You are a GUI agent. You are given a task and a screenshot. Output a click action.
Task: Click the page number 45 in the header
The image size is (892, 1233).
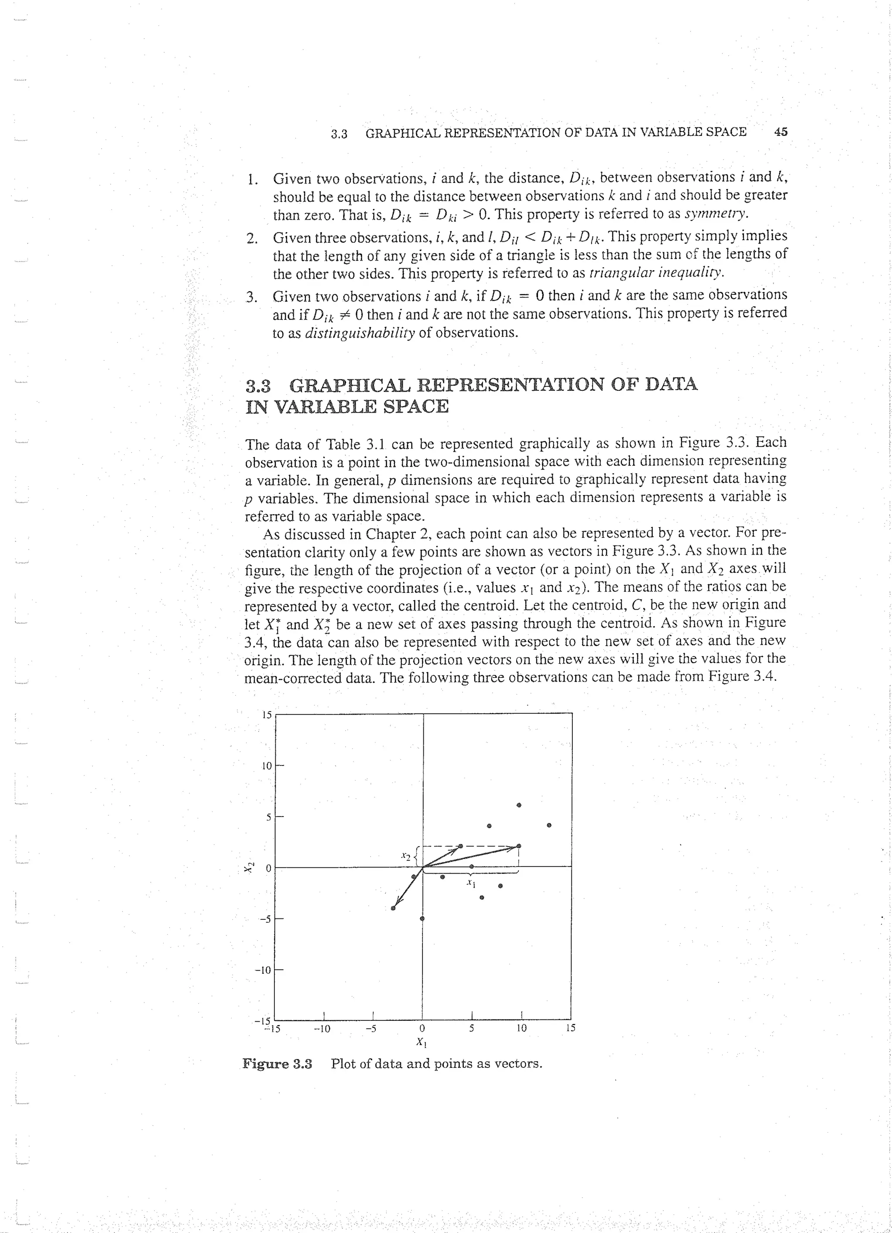780,132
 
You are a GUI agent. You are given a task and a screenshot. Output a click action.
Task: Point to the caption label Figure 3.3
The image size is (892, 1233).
277,1064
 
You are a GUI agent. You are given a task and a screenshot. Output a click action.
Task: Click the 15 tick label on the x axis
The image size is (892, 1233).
570,1029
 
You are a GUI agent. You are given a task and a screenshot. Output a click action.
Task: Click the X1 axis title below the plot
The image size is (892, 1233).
421,1042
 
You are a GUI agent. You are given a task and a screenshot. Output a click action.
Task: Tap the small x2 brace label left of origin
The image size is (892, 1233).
405,856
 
